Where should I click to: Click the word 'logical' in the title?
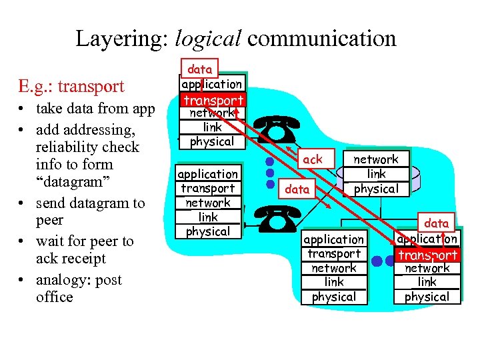point(207,39)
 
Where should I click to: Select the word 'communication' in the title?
point(321,39)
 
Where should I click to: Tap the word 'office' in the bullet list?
point(55,297)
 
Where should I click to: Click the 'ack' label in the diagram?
point(312,159)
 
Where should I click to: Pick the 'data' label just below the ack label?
point(297,189)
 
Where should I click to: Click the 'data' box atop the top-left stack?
point(199,69)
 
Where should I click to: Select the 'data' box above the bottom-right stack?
point(437,223)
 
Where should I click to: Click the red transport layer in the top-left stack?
point(213,100)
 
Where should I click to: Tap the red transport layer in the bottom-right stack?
point(427,255)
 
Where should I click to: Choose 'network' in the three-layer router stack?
point(375,159)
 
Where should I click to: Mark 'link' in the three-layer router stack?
point(375,174)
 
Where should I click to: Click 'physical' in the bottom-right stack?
point(427,297)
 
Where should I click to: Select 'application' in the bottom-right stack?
point(427,239)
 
